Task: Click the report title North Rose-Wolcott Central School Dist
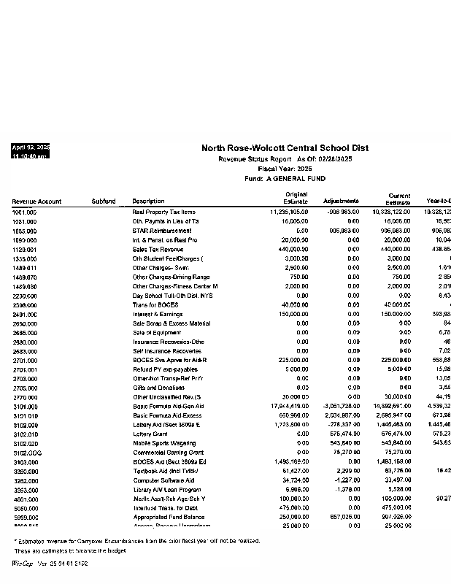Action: [285, 148]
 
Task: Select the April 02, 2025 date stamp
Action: [31, 147]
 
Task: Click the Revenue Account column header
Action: [36, 201]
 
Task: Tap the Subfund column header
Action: [104, 201]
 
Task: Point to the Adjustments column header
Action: [340, 201]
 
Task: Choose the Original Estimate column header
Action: [295, 198]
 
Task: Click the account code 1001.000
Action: [24, 212]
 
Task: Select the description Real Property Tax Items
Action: [163, 212]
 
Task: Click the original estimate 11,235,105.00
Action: [289, 212]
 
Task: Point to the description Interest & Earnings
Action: [158, 314]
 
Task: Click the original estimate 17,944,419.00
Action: [289, 406]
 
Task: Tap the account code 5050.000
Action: [24, 508]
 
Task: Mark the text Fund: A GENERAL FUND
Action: [285, 179]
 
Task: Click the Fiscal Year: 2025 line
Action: [285, 169]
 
